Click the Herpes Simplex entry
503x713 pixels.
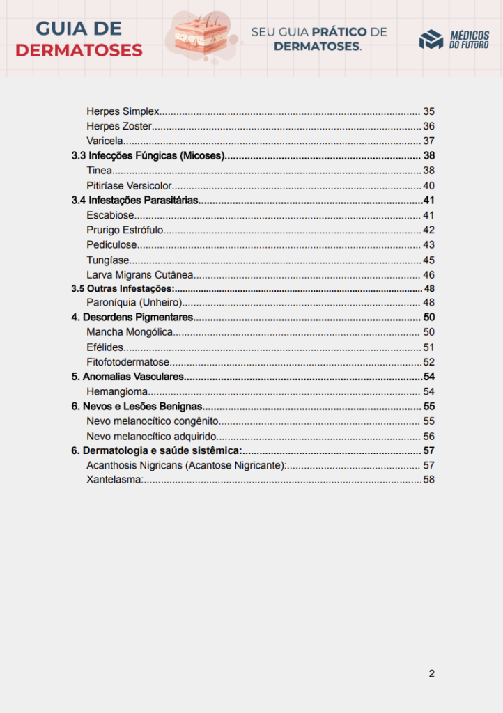[x=123, y=111]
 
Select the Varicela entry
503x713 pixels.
[x=105, y=141]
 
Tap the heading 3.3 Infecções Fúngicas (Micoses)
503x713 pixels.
[x=148, y=156]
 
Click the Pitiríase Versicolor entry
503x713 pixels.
[x=129, y=186]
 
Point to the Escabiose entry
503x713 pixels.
[x=110, y=215]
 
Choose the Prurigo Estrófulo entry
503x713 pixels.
[x=125, y=230]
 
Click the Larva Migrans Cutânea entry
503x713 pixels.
[x=140, y=275]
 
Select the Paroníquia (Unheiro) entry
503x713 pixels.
[x=134, y=302]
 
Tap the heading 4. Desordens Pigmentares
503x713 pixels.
[x=132, y=318]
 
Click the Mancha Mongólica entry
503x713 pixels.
[x=130, y=332]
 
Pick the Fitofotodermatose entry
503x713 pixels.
[x=128, y=362]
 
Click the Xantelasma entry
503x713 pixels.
[x=115, y=480]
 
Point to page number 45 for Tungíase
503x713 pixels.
[x=428, y=260]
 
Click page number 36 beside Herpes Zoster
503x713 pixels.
[x=428, y=126]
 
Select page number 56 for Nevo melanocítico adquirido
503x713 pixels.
[x=428, y=437]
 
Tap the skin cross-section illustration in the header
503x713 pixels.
[x=201, y=34]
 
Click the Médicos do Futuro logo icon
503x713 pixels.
[x=431, y=40]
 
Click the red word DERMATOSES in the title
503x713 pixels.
[x=79, y=50]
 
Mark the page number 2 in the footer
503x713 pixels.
[x=432, y=673]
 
